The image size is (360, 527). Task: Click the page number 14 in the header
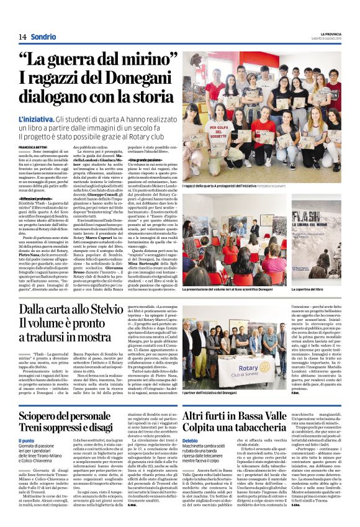click(x=22, y=37)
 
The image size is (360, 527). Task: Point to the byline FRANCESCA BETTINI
click(x=35, y=146)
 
